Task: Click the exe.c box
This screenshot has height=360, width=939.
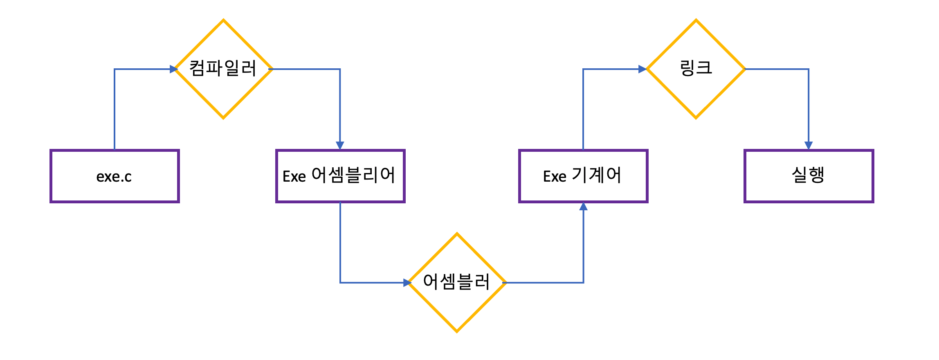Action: click(115, 176)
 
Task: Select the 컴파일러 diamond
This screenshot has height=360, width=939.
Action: click(223, 69)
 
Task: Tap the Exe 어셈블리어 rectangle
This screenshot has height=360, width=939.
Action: click(340, 176)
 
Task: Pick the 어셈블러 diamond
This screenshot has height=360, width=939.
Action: click(457, 283)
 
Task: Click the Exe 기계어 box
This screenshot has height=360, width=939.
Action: click(583, 176)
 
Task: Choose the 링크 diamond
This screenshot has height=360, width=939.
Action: click(696, 69)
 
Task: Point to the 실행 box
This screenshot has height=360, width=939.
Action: click(809, 176)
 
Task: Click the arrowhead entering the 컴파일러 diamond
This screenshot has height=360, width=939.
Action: click(173, 69)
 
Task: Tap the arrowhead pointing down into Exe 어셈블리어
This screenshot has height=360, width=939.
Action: click(340, 145)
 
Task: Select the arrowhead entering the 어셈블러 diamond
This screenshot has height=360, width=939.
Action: click(407, 283)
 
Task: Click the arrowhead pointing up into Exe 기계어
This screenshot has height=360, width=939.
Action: click(584, 207)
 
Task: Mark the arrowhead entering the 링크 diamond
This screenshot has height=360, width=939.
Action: click(642, 69)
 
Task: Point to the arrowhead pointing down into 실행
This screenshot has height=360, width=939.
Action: click(809, 145)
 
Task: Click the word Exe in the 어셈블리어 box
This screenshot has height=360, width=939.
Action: click(294, 176)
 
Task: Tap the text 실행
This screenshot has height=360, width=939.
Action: click(808, 175)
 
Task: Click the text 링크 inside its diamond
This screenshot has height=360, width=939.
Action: click(696, 68)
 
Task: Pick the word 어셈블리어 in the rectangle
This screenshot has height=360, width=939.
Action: click(353, 175)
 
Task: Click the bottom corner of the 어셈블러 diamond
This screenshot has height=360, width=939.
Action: click(457, 331)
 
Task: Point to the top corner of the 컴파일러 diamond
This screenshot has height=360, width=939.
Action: click(223, 20)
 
